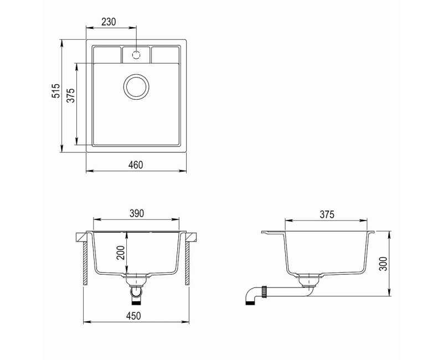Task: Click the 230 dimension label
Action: [109, 22]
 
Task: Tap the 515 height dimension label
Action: [56, 90]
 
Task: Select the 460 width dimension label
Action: [136, 164]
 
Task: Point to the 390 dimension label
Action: [137, 213]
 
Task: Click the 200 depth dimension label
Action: [121, 253]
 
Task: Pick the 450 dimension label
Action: [133, 316]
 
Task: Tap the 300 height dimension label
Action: [383, 264]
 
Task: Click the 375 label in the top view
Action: [71, 95]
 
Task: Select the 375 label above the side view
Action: [327, 214]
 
